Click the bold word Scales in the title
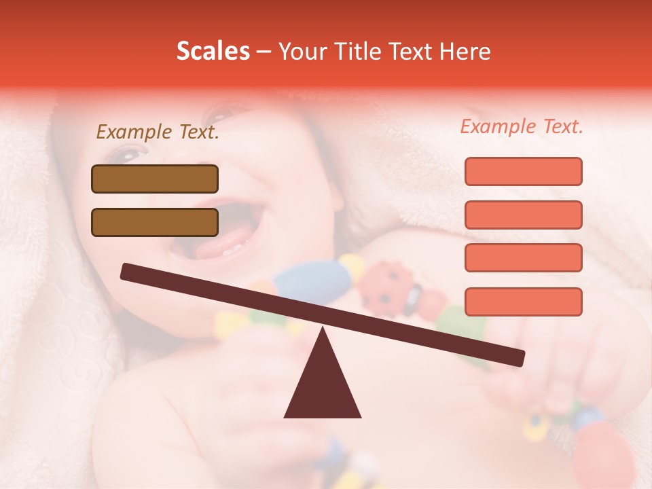[x=213, y=52]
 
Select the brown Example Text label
[x=158, y=132]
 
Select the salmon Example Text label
[x=522, y=126]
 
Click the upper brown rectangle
[x=155, y=179]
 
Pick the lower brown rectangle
[x=155, y=222]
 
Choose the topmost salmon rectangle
[x=523, y=171]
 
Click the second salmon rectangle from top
[x=523, y=215]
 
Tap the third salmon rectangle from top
[x=523, y=257]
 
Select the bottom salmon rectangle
[x=523, y=302]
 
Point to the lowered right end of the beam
[x=519, y=357]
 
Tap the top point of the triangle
[x=323, y=329]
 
